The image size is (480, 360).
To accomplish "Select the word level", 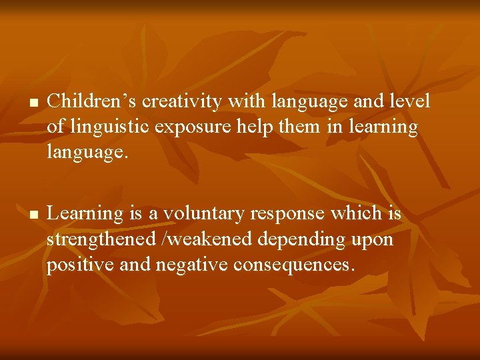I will pyautogui.click(x=407, y=101).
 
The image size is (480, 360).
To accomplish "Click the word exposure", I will pyautogui.click(x=193, y=127).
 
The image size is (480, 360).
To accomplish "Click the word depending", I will pyautogui.click(x=307, y=240).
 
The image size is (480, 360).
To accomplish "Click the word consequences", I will pyautogui.click(x=290, y=265).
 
